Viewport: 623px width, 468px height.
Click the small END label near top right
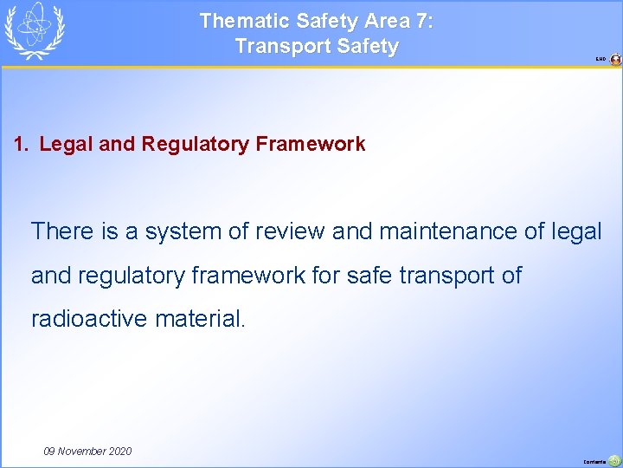(x=601, y=60)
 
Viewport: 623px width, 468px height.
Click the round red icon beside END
(x=615, y=60)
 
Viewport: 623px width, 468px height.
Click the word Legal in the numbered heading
(x=67, y=144)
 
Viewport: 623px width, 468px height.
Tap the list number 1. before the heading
(x=22, y=144)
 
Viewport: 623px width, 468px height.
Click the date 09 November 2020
(x=87, y=451)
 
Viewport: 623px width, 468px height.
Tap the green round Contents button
(x=614, y=461)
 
